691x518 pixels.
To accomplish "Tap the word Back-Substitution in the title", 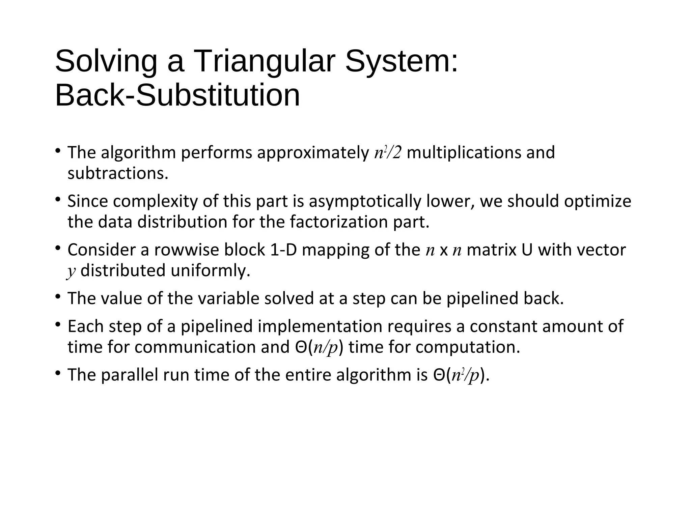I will coord(177,95).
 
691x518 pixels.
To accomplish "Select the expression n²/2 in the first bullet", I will coord(388,153).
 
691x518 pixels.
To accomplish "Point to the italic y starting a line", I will coord(71,271).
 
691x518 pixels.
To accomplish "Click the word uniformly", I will coord(211,271).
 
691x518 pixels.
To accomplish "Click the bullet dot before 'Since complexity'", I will coord(58,200).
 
